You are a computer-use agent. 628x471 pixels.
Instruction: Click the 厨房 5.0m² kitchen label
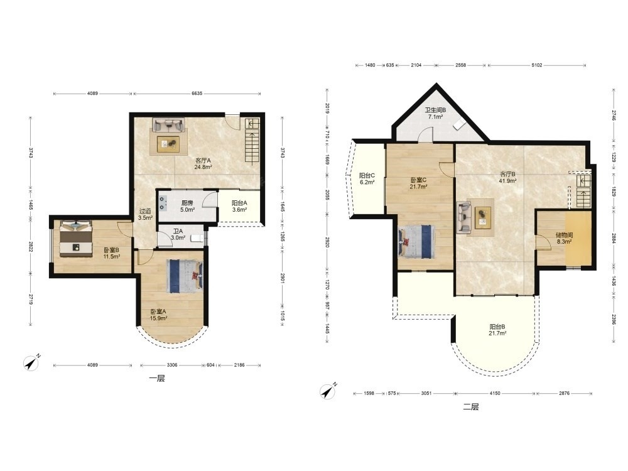click(x=187, y=206)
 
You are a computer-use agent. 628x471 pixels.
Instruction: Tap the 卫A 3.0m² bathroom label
click(x=178, y=234)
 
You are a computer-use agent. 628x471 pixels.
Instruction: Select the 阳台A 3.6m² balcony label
click(x=239, y=206)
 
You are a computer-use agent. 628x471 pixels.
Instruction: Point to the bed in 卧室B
click(x=76, y=239)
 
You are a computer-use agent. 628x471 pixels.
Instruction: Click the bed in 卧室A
click(x=185, y=275)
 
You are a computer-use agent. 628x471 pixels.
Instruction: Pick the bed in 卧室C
click(x=416, y=242)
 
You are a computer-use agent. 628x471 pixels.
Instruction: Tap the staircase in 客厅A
click(x=252, y=142)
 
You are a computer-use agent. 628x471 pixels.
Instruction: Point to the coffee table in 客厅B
click(x=483, y=217)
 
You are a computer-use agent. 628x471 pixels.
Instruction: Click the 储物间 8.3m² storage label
click(x=564, y=238)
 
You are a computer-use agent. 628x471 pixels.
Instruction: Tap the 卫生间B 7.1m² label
click(x=435, y=113)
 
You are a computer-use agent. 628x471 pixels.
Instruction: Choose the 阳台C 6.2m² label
click(x=367, y=178)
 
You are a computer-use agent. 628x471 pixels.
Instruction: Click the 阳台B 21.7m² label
click(x=497, y=330)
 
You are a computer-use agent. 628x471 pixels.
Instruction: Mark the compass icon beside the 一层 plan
click(x=31, y=362)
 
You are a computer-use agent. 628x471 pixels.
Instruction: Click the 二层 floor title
click(x=471, y=407)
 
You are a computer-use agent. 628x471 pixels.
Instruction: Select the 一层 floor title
click(x=156, y=379)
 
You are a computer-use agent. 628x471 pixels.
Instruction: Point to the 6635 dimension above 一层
click(x=197, y=94)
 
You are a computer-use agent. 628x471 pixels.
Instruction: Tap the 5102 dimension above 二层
click(x=537, y=65)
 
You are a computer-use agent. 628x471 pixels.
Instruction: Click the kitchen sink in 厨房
click(x=163, y=203)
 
